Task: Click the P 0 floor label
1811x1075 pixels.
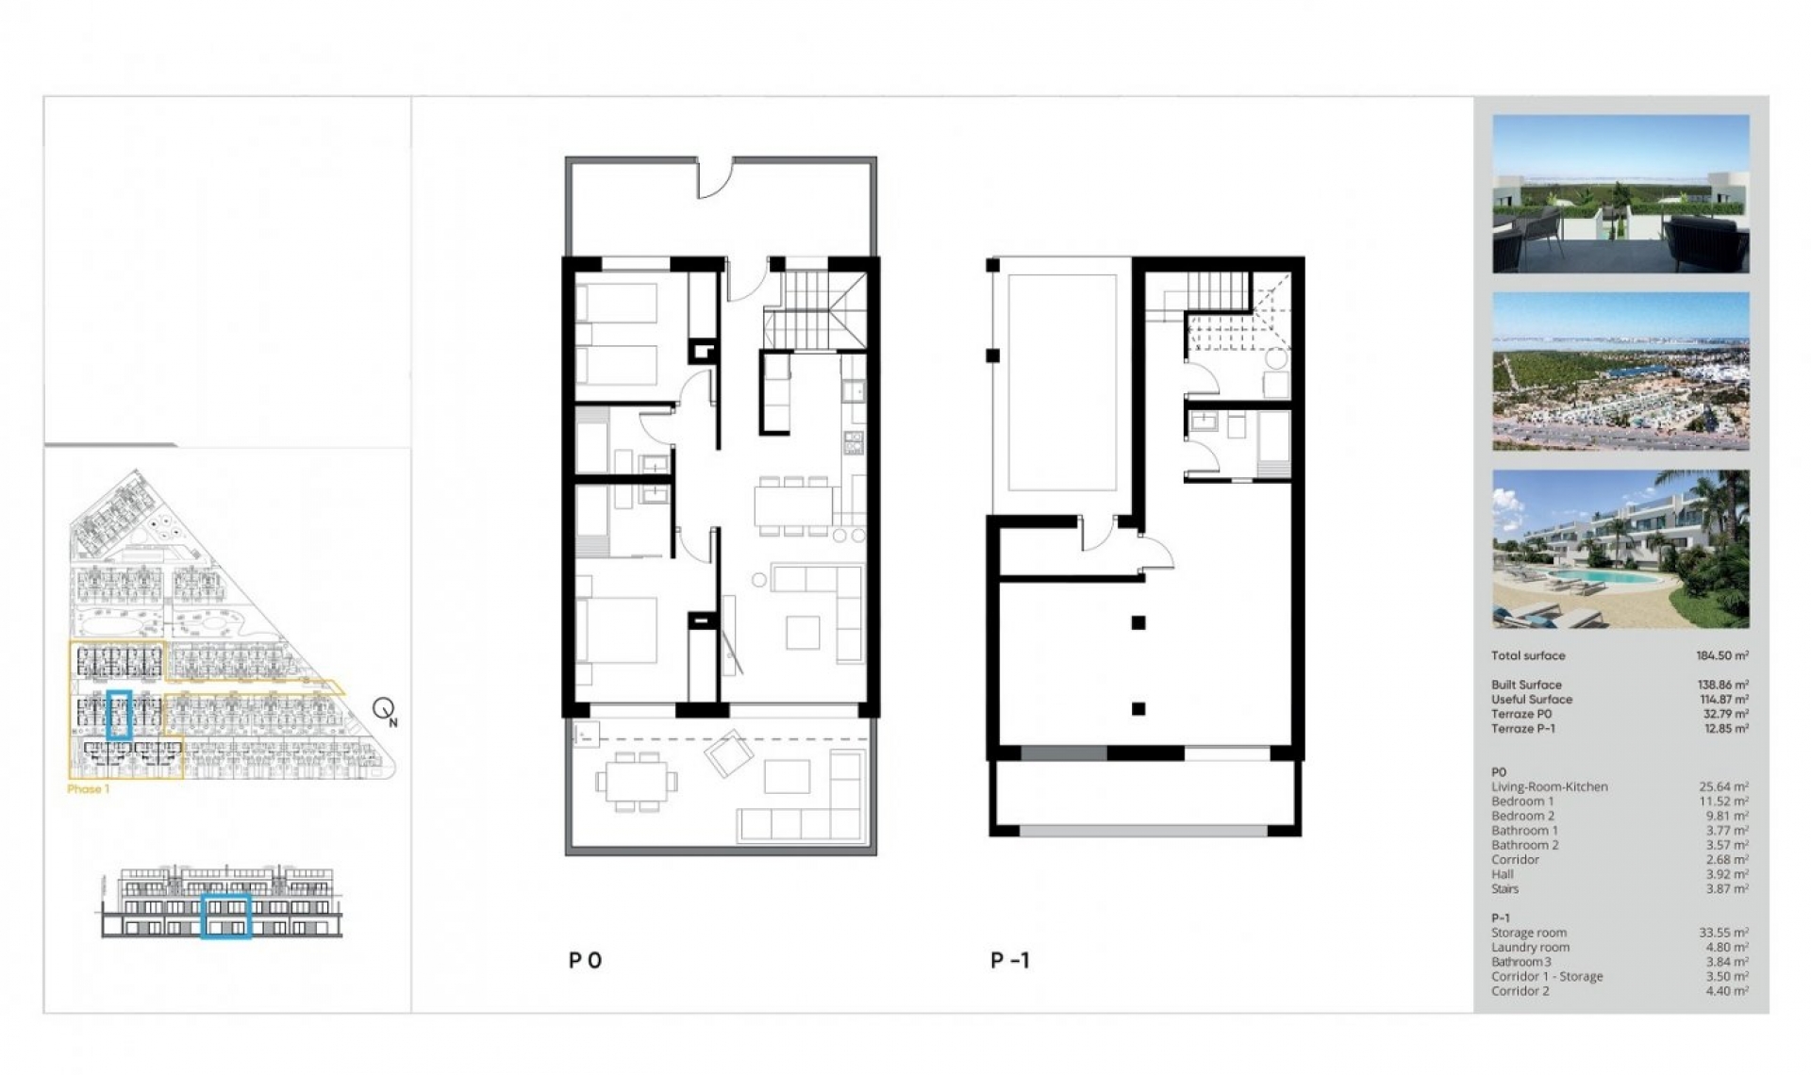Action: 585,960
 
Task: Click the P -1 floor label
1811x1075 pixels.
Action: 1010,960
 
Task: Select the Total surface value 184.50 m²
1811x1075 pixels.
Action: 1721,655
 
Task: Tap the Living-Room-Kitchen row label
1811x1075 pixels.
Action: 1549,786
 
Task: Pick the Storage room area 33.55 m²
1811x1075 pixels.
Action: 1723,933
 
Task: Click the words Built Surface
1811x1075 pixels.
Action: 1526,685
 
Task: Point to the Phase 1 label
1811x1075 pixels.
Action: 88,789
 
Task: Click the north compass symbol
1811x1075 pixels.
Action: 384,709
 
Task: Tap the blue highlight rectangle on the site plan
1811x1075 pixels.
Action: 119,715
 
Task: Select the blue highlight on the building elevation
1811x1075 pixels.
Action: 225,916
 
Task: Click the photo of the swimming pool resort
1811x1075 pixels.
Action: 1620,549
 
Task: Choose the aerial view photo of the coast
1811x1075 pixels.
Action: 1620,371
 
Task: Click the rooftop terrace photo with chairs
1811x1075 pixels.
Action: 1620,194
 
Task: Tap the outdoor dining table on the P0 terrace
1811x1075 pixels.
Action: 637,781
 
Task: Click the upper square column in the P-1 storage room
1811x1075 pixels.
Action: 1138,622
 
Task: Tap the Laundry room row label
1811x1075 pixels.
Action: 1530,948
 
